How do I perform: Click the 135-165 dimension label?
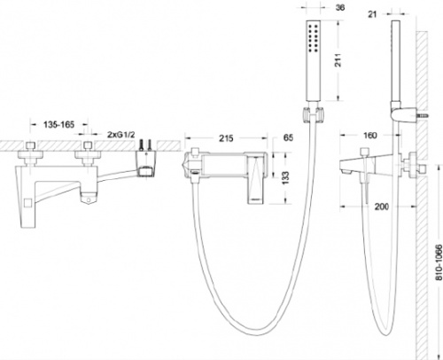point(59,125)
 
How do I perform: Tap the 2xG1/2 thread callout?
point(120,135)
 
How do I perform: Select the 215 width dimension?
point(226,138)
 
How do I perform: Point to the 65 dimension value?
point(288,137)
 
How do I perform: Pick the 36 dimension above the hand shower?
point(340,7)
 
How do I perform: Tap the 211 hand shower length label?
point(338,60)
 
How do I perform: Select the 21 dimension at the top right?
point(372,14)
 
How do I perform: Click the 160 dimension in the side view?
point(370,136)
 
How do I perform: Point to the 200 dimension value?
point(382,207)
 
